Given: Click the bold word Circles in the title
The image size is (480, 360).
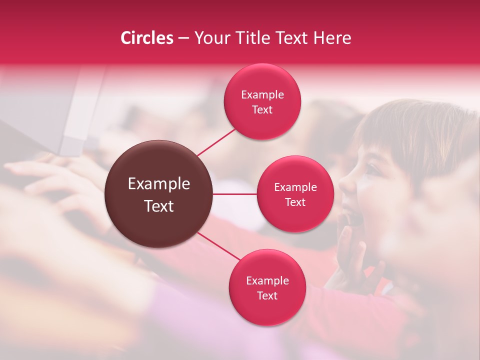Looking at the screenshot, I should coord(146,38).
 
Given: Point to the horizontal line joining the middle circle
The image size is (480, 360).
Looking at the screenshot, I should coord(235,194).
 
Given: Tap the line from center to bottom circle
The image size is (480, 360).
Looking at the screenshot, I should coord(220,248).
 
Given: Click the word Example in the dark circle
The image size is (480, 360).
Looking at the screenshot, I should coord(159,184).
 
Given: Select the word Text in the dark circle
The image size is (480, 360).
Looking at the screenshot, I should coord(159,206).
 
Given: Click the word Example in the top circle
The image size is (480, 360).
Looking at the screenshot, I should coord(262,95).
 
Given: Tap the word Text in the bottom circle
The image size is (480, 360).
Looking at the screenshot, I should coord(267,295).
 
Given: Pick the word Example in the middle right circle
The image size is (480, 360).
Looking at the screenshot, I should coord(295,187).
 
